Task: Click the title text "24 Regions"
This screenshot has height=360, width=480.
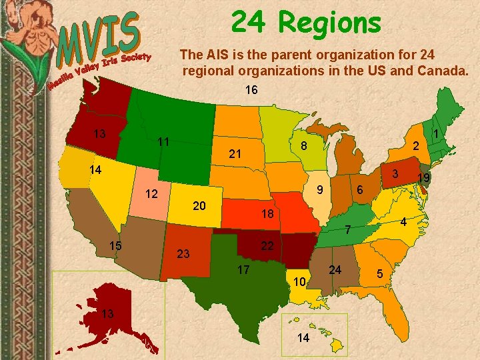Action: [306, 22]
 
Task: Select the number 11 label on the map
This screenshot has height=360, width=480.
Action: [163, 142]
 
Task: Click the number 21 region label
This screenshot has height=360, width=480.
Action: [235, 154]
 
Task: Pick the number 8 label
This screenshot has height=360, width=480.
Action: [303, 146]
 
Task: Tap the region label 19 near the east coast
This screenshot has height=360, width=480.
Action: [423, 177]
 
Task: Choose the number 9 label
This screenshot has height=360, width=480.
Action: [320, 189]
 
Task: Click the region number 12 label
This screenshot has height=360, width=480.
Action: [152, 195]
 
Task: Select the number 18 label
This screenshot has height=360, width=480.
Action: [267, 215]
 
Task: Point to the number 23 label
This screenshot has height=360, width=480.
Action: [183, 253]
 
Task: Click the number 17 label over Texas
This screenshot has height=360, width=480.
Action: [243, 270]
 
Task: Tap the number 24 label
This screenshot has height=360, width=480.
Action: [336, 270]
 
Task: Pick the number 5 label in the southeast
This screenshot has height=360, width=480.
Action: [380, 273]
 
